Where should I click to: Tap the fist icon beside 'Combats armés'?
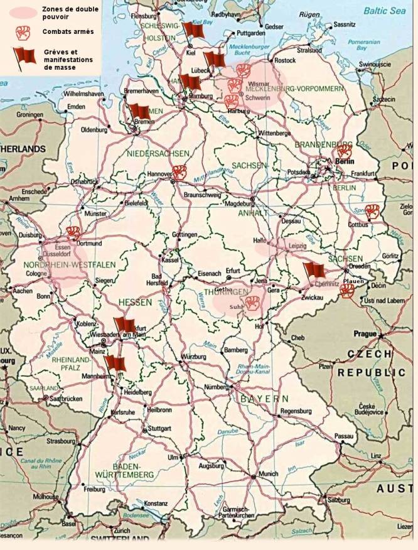pos(23,32)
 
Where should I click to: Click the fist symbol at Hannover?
pos(180,172)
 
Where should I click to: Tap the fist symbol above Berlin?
pos(344,151)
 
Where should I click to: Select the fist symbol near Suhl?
pos(252,303)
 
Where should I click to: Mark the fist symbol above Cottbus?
pos(372,211)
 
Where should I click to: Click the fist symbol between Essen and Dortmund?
pos(74,232)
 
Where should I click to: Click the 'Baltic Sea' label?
pos(385,11)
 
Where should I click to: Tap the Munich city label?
pos(268,473)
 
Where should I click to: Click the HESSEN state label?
pos(135,303)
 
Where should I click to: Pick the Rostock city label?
pos(284,60)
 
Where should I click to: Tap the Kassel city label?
pos(169,259)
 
